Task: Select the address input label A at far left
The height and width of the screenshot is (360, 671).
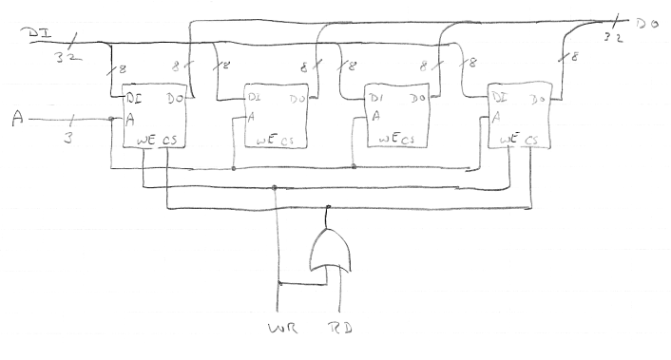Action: pyautogui.click(x=17, y=118)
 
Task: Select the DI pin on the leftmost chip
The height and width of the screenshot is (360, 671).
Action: pyautogui.click(x=134, y=98)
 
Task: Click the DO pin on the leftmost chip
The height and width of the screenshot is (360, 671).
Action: pyautogui.click(x=174, y=98)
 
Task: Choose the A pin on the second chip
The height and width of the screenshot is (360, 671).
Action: pyautogui.click(x=251, y=118)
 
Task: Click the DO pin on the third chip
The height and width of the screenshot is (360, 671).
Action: pyautogui.click(x=418, y=98)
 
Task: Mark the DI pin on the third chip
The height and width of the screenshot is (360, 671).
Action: pyautogui.click(x=377, y=98)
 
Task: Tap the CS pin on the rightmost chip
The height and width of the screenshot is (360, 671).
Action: pyautogui.click(x=532, y=140)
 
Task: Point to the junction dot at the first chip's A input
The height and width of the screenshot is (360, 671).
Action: pyautogui.click(x=112, y=119)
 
